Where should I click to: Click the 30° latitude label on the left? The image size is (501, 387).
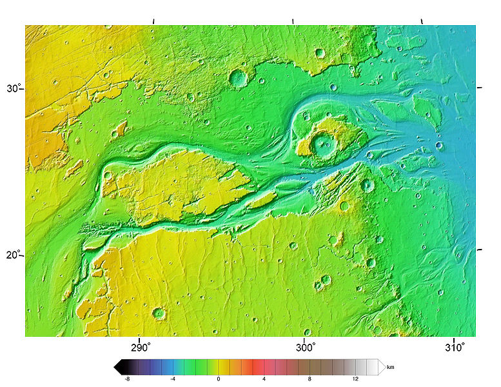(13, 88)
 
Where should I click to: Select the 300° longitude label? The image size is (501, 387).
(304, 347)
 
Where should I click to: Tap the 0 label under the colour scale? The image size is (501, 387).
(219, 379)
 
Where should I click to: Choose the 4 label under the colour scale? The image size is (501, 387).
(264, 379)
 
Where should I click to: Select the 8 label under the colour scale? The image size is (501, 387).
(310, 379)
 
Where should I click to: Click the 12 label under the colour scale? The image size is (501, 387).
(357, 379)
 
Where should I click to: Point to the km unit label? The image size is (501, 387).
(390, 367)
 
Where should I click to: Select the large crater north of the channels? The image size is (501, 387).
(239, 78)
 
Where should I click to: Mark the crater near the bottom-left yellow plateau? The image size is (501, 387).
(159, 313)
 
